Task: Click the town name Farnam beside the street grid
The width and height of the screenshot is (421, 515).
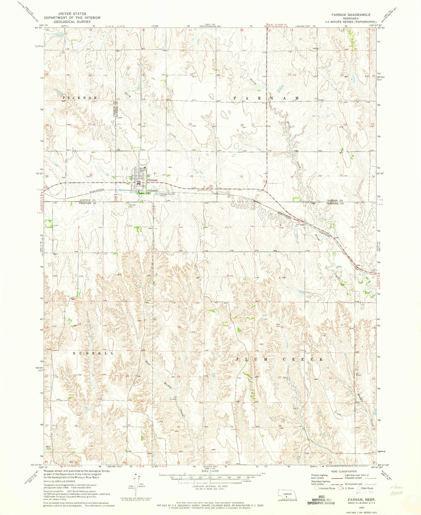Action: click(x=153, y=180)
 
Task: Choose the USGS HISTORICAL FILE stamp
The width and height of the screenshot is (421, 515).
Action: click(x=321, y=499)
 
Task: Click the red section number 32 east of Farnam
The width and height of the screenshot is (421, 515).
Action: click(x=191, y=176)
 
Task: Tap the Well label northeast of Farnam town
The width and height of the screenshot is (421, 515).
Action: click(x=171, y=167)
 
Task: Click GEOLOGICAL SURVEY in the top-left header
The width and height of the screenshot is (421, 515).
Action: click(x=72, y=22)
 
